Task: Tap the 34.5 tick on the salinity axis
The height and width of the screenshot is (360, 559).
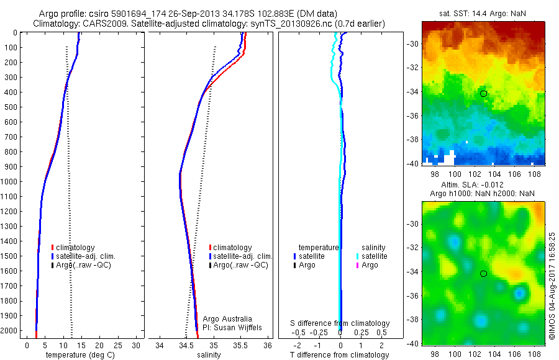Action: pyautogui.click(x=186, y=344)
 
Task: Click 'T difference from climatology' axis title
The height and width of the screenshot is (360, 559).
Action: pyautogui.click(x=340, y=355)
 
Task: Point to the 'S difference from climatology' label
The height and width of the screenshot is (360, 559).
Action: pyautogui.click(x=340, y=323)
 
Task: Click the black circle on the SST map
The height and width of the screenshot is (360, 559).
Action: pyautogui.click(x=483, y=94)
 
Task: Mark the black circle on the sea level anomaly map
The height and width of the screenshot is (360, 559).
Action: pyautogui.click(x=483, y=274)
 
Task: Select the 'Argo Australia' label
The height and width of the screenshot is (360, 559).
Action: pyautogui.click(x=228, y=318)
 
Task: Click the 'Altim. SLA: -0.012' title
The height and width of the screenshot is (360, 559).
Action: pyautogui.click(x=483, y=185)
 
